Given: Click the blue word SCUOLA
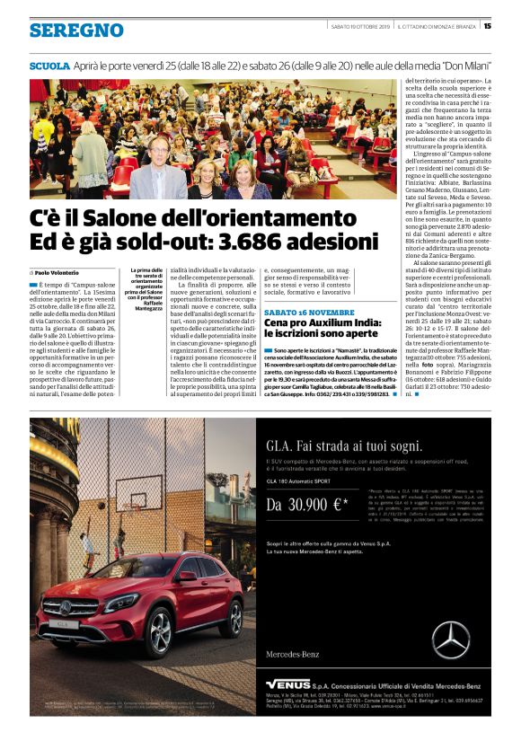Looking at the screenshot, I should (49, 66).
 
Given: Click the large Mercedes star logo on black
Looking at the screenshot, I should (450, 640).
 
